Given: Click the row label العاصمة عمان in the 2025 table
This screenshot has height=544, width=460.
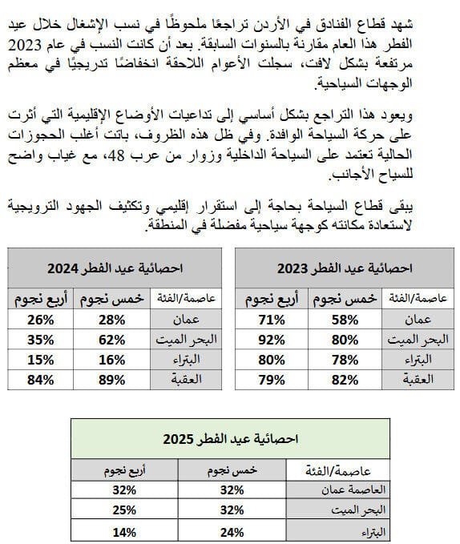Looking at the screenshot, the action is [336, 490].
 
